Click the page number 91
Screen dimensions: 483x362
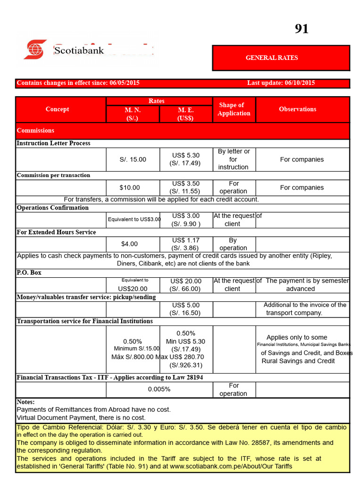[302, 29]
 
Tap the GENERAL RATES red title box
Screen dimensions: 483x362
[281, 58]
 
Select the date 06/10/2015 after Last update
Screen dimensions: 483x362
[300, 83]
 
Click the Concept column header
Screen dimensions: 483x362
[57, 109]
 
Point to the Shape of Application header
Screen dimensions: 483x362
[234, 109]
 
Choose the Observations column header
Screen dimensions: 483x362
[297, 109]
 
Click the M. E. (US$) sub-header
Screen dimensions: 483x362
[186, 114]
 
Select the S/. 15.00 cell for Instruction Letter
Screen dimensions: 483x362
[133, 159]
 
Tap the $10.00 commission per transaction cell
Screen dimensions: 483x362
[130, 188]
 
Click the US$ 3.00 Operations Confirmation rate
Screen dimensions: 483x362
[186, 216]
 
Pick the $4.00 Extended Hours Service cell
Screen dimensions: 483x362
[130, 244]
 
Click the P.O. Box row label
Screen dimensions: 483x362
[29, 273]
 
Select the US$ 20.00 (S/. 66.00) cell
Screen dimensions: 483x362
[186, 285]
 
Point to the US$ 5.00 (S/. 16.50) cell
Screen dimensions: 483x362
[186, 309]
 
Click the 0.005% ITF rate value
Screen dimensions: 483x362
[159, 390]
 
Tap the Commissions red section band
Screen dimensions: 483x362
[35, 131]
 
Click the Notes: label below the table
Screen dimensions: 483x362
[25, 402]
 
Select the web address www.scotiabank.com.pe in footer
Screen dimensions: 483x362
[211, 466]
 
